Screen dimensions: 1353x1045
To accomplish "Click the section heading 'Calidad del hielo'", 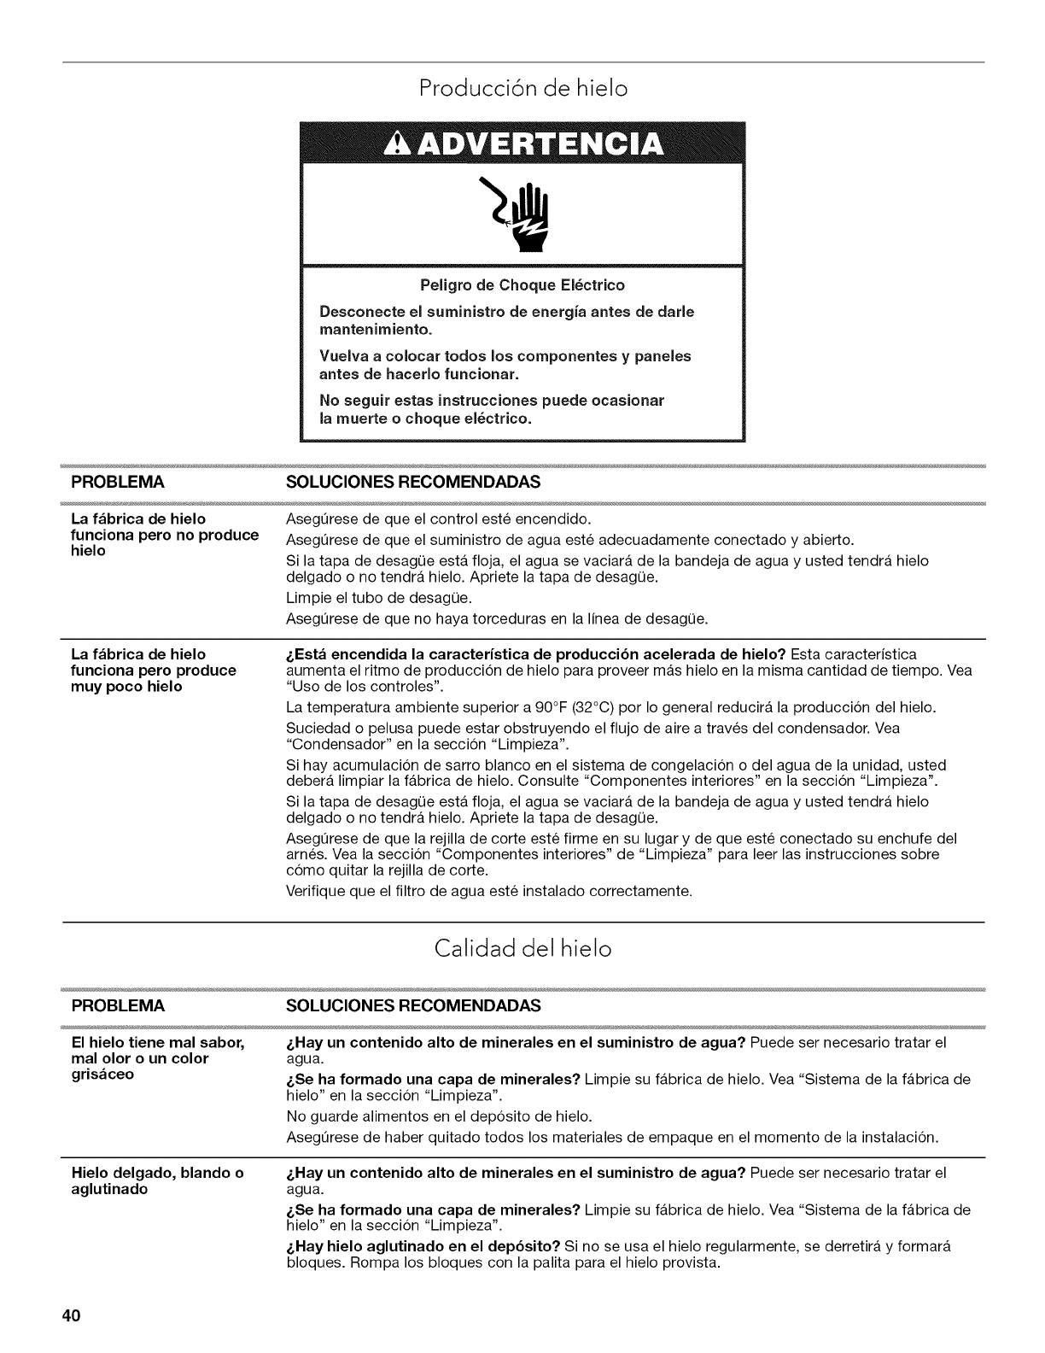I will tap(522, 949).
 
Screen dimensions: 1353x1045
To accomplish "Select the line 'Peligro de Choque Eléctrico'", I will tap(522, 285).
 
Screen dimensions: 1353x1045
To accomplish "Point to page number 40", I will tap(70, 1315).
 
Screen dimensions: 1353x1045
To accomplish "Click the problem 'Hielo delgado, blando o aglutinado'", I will tap(157, 1181).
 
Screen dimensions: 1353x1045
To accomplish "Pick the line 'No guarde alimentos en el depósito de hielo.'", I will tap(438, 1116).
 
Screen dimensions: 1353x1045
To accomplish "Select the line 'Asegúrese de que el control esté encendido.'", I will tap(438, 519).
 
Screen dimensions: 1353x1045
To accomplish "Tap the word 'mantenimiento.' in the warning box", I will tap(376, 328).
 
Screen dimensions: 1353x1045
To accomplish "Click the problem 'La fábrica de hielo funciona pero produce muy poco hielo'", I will tap(154, 671).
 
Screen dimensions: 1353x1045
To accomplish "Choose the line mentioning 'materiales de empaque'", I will tap(613, 1137).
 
